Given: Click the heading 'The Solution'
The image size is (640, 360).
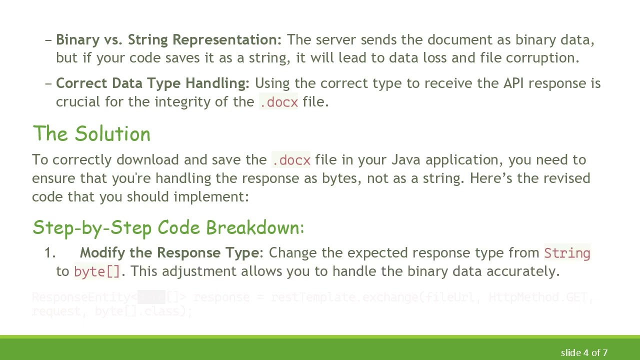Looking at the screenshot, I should [x=91, y=134].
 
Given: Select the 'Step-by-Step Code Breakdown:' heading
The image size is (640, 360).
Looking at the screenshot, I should [x=168, y=227].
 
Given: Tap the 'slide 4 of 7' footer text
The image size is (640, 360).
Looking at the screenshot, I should [x=584, y=352].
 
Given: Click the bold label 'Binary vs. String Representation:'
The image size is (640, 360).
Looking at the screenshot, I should [x=168, y=40].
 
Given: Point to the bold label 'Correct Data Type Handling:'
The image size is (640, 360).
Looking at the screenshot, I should [x=152, y=83].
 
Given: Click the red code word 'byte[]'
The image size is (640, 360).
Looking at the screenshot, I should [x=97, y=271].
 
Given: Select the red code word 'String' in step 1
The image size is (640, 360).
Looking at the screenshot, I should [x=567, y=253].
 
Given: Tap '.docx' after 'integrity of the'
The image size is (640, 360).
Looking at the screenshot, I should [x=278, y=102].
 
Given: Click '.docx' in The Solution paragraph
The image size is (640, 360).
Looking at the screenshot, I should [x=291, y=160].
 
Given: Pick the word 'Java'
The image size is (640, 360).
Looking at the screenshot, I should [x=406, y=160].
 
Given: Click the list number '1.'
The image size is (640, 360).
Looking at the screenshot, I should [x=50, y=253].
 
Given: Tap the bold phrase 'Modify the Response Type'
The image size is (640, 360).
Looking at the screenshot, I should [x=169, y=253].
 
